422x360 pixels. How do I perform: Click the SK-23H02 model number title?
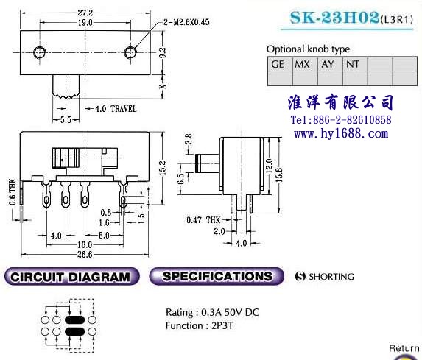click(x=334, y=18)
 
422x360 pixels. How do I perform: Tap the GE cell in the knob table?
click(x=280, y=64)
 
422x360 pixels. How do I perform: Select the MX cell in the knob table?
click(x=305, y=64)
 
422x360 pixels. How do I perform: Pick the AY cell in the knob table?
click(x=330, y=64)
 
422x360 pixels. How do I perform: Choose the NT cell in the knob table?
click(x=355, y=64)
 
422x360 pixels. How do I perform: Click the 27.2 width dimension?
click(x=85, y=13)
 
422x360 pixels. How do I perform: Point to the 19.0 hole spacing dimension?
click(x=85, y=23)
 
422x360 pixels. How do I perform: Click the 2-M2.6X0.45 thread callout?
click(x=186, y=22)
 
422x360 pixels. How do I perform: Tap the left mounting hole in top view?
click(x=39, y=52)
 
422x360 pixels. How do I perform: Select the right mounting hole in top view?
click(x=130, y=52)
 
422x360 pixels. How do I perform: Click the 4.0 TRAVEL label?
click(x=116, y=109)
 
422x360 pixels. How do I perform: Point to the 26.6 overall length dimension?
click(x=85, y=254)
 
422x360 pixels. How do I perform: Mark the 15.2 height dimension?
click(x=163, y=168)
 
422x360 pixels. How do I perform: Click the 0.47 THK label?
click(x=203, y=220)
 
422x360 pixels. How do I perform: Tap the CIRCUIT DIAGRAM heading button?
click(x=71, y=277)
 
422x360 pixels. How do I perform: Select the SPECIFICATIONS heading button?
click(x=217, y=276)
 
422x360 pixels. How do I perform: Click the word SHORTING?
click(x=331, y=277)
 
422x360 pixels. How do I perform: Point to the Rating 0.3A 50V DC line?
click(x=212, y=312)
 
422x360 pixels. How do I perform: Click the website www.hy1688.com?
click(x=341, y=134)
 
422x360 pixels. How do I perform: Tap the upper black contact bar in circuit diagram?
click(x=75, y=320)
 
